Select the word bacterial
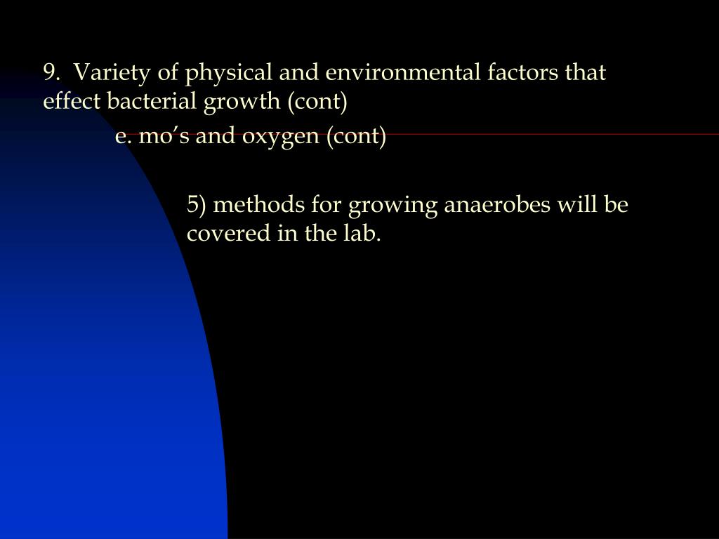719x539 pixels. (x=153, y=102)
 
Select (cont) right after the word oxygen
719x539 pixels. (x=356, y=136)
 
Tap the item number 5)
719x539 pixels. (x=196, y=205)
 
